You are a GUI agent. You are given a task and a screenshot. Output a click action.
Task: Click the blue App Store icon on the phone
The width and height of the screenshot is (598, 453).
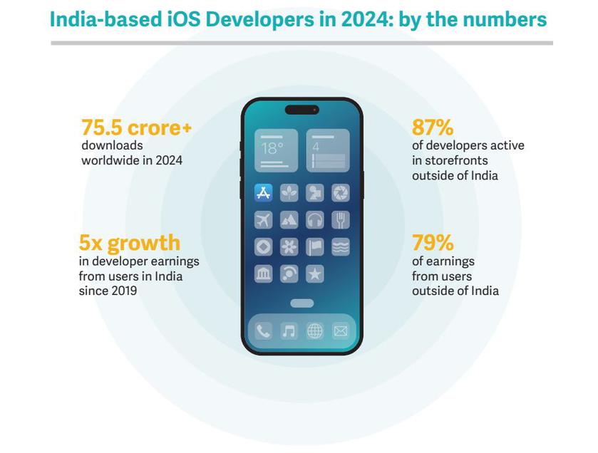click(x=263, y=193)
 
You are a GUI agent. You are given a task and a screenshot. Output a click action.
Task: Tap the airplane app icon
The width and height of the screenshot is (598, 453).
click(x=263, y=220)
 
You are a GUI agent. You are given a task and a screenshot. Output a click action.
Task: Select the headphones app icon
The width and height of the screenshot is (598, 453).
click(x=315, y=220)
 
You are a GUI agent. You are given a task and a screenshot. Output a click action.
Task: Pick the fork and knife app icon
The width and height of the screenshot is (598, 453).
click(x=341, y=220)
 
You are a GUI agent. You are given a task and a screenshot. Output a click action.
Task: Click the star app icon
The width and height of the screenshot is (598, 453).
click(x=315, y=274)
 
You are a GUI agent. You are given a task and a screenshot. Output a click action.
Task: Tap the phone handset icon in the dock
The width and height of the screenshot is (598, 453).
click(x=263, y=330)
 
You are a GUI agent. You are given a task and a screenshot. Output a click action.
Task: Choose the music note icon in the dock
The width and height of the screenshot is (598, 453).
click(x=289, y=330)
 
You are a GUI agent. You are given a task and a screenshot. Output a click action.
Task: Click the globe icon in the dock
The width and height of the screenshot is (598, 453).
click(x=315, y=330)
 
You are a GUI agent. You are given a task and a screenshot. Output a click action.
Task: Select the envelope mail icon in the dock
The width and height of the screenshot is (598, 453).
click(x=341, y=330)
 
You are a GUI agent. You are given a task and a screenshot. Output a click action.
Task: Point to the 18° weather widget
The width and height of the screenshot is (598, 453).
click(x=276, y=151)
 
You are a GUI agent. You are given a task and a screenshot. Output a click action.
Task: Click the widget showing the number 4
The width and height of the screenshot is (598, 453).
click(x=328, y=151)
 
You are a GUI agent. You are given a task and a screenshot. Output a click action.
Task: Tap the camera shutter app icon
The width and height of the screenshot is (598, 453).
click(x=341, y=193)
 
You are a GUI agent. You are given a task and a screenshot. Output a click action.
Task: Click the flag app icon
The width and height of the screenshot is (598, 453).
click(x=315, y=246)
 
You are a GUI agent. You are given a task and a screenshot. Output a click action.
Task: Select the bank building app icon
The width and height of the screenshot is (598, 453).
click(x=263, y=274)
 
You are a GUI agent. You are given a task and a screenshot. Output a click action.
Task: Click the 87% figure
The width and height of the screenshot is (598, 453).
click(x=433, y=127)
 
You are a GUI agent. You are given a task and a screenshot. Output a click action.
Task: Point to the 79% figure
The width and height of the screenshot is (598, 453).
click(x=433, y=243)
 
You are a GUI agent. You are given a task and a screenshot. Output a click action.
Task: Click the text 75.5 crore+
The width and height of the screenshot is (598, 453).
click(x=136, y=127)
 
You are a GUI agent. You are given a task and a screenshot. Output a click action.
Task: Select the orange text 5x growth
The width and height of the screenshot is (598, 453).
click(x=130, y=243)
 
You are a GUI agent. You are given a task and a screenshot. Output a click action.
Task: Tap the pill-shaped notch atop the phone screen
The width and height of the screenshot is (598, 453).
click(x=301, y=110)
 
